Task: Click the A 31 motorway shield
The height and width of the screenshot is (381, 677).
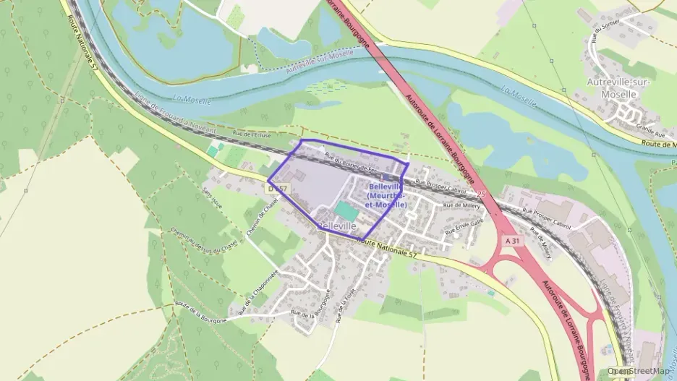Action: (513, 239)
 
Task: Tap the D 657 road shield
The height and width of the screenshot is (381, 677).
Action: (277, 189)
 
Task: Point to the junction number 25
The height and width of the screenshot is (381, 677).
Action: (481, 194)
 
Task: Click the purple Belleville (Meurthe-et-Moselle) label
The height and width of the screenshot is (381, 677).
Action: (386, 196)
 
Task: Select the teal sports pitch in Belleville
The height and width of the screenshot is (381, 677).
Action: (346, 212)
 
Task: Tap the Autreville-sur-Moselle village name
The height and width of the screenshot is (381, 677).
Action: (621, 88)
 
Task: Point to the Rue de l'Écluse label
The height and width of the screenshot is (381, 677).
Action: (252, 135)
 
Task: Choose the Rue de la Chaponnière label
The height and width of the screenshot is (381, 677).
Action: (261, 288)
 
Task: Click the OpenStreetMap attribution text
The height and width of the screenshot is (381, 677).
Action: (639, 371)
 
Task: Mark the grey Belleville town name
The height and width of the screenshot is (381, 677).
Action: (337, 226)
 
